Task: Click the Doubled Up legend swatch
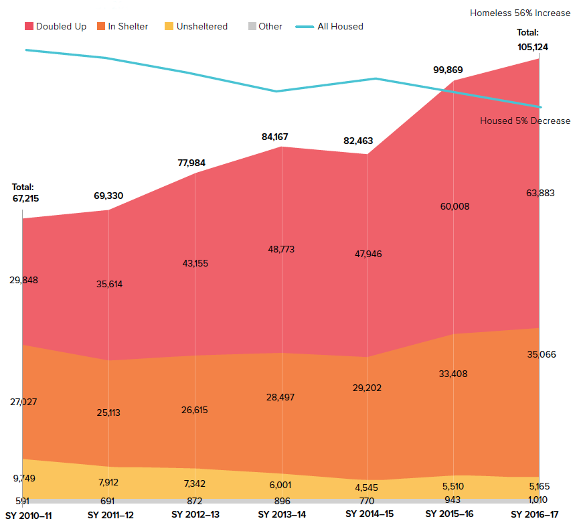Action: pos(29,26)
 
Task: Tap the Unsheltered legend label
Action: pos(202,26)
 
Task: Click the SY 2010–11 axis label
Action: pos(29,516)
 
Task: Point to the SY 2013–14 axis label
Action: pos(282,515)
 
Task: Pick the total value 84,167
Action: pos(274,137)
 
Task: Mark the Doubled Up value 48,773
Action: pos(281,249)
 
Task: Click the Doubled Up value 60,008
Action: pos(455,206)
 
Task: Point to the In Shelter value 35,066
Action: pos(542,354)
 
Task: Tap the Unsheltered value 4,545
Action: pos(367,487)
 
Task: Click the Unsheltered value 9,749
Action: pos(25,478)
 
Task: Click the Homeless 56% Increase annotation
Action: pos(520,13)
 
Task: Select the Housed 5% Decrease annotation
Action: pos(525,121)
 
